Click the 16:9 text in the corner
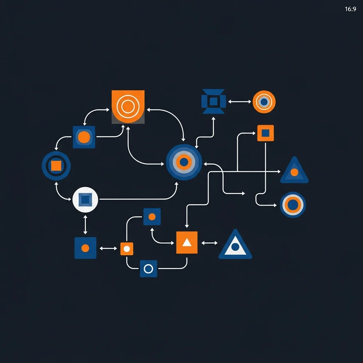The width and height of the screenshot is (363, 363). coord(350,9)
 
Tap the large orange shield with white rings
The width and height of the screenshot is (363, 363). coord(128,106)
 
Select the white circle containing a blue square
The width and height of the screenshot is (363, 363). coord(85,200)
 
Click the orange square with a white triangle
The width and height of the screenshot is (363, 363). coord(187,242)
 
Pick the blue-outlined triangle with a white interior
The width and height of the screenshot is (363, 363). coord(235,246)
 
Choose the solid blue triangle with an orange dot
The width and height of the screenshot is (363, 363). coord(294,172)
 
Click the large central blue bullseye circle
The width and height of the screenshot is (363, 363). coord(184,162)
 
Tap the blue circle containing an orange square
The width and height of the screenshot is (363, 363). coord(56,166)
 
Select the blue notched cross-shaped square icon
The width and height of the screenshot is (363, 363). coord(213,101)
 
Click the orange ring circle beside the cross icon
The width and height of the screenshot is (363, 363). coord(264,102)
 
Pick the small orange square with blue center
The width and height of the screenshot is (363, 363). coord(266,133)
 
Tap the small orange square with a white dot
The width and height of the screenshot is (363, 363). coord(127,248)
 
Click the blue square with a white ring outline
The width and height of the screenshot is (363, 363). coord(149,269)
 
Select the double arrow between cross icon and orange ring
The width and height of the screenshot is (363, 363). coord(240,102)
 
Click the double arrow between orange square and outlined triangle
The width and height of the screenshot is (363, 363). coord(210,243)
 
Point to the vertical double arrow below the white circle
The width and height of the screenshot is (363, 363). coord(85,224)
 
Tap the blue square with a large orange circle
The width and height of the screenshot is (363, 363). coord(84,137)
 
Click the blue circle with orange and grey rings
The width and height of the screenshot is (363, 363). coord(293,205)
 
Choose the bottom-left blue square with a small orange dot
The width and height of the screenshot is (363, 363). coord(85,248)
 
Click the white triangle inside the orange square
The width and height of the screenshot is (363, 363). coord(187,243)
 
